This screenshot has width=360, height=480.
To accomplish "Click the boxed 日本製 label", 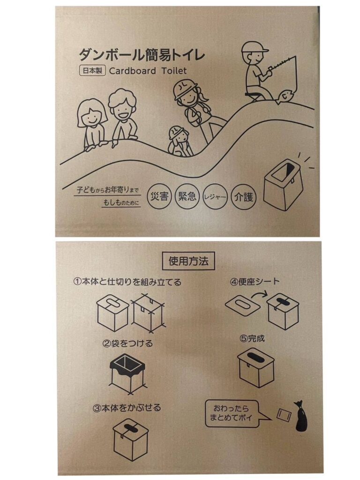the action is [92, 71].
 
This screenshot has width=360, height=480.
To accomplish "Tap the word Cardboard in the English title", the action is [133, 71].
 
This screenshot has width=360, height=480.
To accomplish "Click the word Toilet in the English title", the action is [174, 71].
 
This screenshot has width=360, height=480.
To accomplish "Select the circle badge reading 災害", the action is [159, 196].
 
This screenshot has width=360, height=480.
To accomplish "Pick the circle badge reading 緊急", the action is [187, 196].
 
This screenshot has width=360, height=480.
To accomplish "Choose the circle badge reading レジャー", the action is [215, 196].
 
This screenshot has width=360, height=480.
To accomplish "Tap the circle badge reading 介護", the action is [244, 196].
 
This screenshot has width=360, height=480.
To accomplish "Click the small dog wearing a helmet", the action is [180, 141].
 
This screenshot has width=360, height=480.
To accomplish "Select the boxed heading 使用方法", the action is [188, 261].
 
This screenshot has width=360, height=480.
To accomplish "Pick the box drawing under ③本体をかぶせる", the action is [131, 439].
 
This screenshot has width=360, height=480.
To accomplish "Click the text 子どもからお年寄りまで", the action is [107, 190].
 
